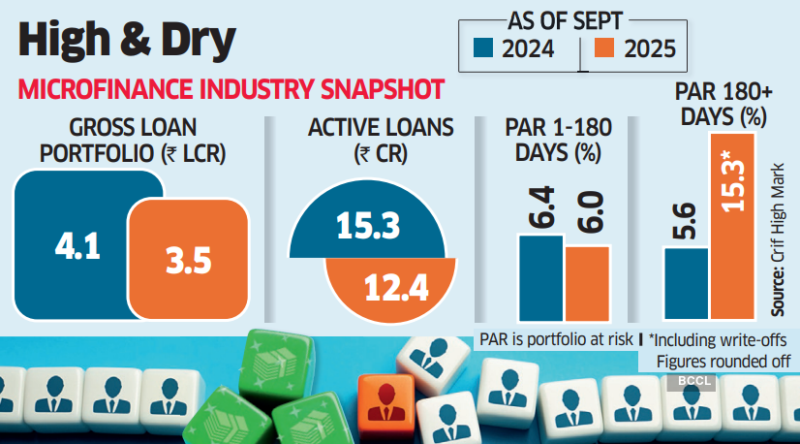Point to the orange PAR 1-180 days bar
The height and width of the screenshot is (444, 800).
[587, 283]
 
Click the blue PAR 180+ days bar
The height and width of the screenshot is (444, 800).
[687, 283]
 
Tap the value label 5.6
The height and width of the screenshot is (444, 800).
[687, 222]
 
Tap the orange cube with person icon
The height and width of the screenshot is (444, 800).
[385, 402]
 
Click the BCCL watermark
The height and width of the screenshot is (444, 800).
[689, 382]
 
